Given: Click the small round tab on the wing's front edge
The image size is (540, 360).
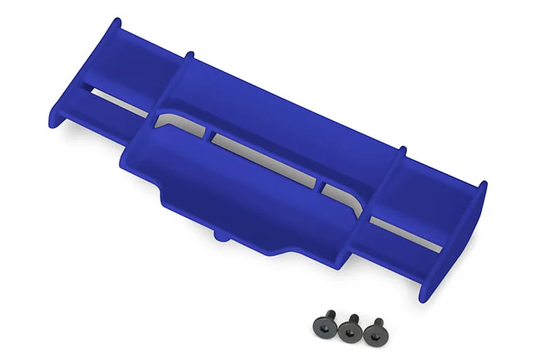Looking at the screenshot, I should (220, 236).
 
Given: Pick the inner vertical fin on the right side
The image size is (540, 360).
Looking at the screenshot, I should (390, 180).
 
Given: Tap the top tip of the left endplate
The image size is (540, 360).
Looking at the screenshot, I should (115, 22).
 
